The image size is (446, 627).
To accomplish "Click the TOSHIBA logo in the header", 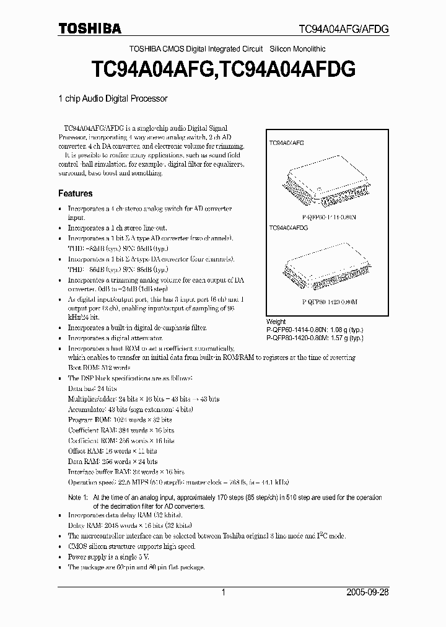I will point(90,28).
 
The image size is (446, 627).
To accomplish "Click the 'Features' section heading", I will point(75,193).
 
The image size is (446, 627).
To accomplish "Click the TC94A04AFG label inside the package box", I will point(286,142).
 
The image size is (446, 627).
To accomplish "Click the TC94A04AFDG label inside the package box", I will point(289,228).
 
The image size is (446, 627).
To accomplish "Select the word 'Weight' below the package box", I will point(276,322).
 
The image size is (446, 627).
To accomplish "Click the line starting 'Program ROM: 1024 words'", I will point(121,419).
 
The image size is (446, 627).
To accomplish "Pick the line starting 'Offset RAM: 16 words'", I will point(112,451).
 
